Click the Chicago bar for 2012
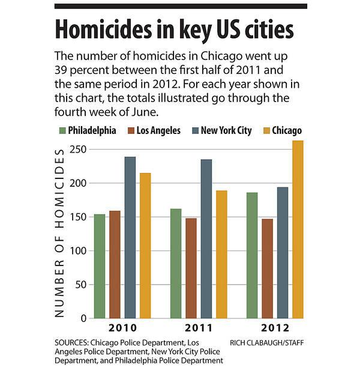(x=298, y=229)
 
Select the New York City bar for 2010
(x=130, y=237)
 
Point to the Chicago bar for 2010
(x=145, y=245)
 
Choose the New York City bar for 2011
(x=206, y=238)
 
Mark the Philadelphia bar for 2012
(x=252, y=255)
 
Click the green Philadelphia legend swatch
(x=62, y=130)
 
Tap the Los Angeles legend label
(x=158, y=130)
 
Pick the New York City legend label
(x=226, y=130)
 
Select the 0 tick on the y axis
(x=84, y=318)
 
